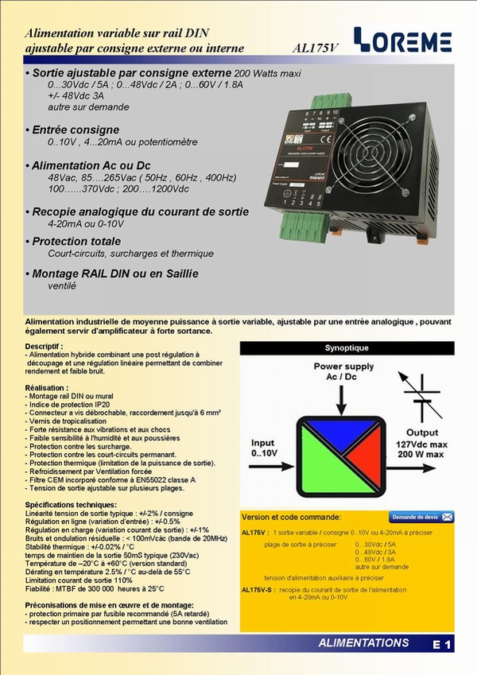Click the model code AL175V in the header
(x=316, y=48)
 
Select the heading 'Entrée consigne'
(x=76, y=130)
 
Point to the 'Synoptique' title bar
(x=347, y=348)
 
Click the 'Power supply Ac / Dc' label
(x=343, y=371)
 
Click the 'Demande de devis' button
(x=421, y=517)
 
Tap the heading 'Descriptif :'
(x=45, y=347)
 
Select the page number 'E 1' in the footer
(x=443, y=646)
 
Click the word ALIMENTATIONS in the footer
(x=363, y=642)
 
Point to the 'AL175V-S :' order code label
(x=258, y=589)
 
